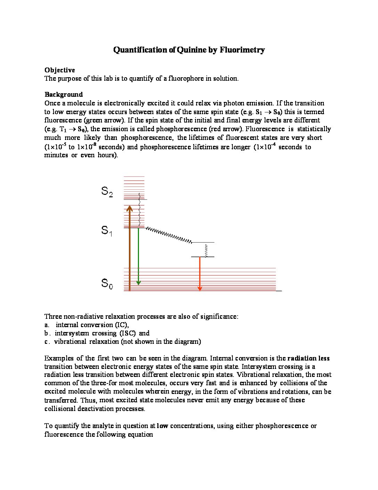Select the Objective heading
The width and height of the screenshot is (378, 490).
click(x=59, y=70)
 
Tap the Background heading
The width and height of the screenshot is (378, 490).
click(x=64, y=94)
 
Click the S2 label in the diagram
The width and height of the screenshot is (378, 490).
click(x=107, y=191)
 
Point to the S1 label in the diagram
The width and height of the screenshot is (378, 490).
click(x=107, y=230)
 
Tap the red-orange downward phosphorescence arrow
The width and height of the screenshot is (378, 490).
click(x=200, y=273)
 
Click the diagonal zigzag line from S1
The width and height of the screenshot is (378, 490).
click(x=169, y=235)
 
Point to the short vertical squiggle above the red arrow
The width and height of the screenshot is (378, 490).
click(x=206, y=250)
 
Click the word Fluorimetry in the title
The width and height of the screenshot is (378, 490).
click(x=242, y=50)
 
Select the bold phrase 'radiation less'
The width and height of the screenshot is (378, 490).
click(x=308, y=358)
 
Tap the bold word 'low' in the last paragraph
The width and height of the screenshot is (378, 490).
click(x=163, y=426)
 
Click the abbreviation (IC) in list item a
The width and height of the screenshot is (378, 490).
click(x=122, y=325)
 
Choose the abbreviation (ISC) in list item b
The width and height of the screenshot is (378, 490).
click(x=128, y=333)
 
